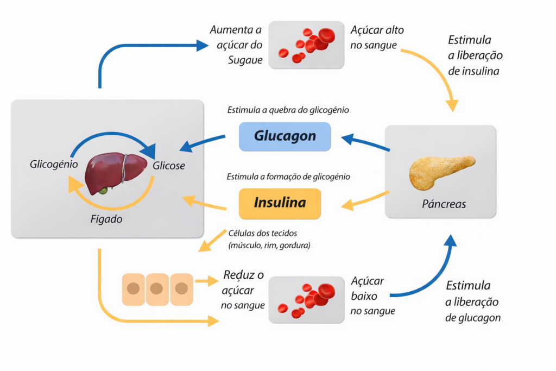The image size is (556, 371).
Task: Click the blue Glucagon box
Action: point(285,136)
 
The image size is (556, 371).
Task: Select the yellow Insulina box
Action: point(280,203)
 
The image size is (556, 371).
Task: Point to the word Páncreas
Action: point(444,205)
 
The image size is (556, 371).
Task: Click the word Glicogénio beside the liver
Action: point(54,164)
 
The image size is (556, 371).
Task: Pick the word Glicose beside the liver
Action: point(169,166)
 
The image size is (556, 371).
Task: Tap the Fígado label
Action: point(106,219)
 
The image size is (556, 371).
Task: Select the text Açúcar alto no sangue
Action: point(377,37)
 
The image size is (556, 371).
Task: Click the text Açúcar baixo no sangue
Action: point(372,296)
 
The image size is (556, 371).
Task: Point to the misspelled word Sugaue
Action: point(245,60)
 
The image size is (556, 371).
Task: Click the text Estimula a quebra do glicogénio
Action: point(288,110)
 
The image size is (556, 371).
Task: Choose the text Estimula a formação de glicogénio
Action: point(288,177)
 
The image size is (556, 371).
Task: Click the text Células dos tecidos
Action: point(263,234)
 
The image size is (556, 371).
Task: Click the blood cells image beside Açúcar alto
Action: point(307,45)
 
